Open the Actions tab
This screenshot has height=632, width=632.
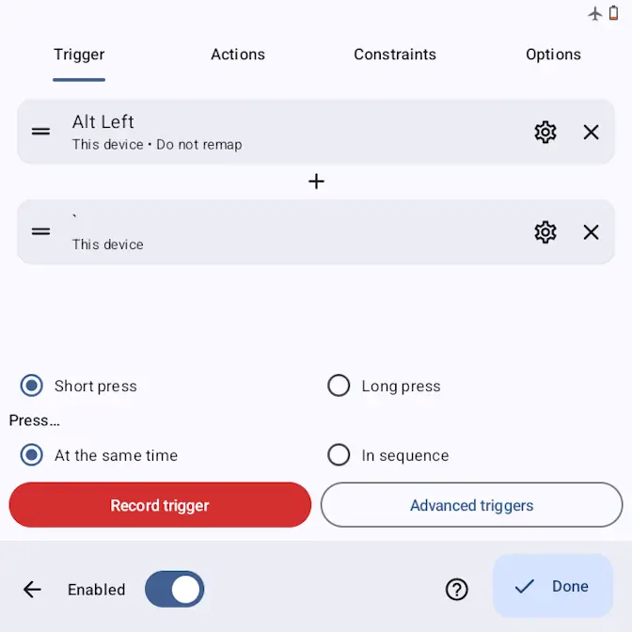pyautogui.click(x=238, y=55)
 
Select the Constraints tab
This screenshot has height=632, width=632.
pyautogui.click(x=395, y=55)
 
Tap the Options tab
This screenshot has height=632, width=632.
pyautogui.click(x=553, y=55)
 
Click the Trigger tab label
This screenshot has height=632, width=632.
pyautogui.click(x=79, y=55)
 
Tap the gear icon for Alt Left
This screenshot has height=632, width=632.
pyautogui.click(x=545, y=132)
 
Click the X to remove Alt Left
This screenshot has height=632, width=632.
pyautogui.click(x=591, y=132)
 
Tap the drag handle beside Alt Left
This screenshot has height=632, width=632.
pyautogui.click(x=40, y=132)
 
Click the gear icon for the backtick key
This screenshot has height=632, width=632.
pyautogui.click(x=545, y=231)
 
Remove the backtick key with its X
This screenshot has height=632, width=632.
pyautogui.click(x=591, y=231)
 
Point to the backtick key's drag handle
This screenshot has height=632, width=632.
pyautogui.click(x=40, y=231)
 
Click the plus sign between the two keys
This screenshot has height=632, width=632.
pyautogui.click(x=316, y=182)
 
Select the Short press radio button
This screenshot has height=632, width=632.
pyautogui.click(x=31, y=386)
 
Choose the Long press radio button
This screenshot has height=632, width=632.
pyautogui.click(x=339, y=386)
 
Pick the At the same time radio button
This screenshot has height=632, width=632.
pyautogui.click(x=31, y=454)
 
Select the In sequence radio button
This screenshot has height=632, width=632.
pyautogui.click(x=339, y=454)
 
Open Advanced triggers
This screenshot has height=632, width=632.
pyautogui.click(x=471, y=505)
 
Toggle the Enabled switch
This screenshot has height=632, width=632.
pyautogui.click(x=175, y=589)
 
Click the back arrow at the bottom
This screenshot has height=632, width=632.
pyautogui.click(x=32, y=590)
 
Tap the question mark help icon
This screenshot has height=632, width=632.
pyautogui.click(x=457, y=590)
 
